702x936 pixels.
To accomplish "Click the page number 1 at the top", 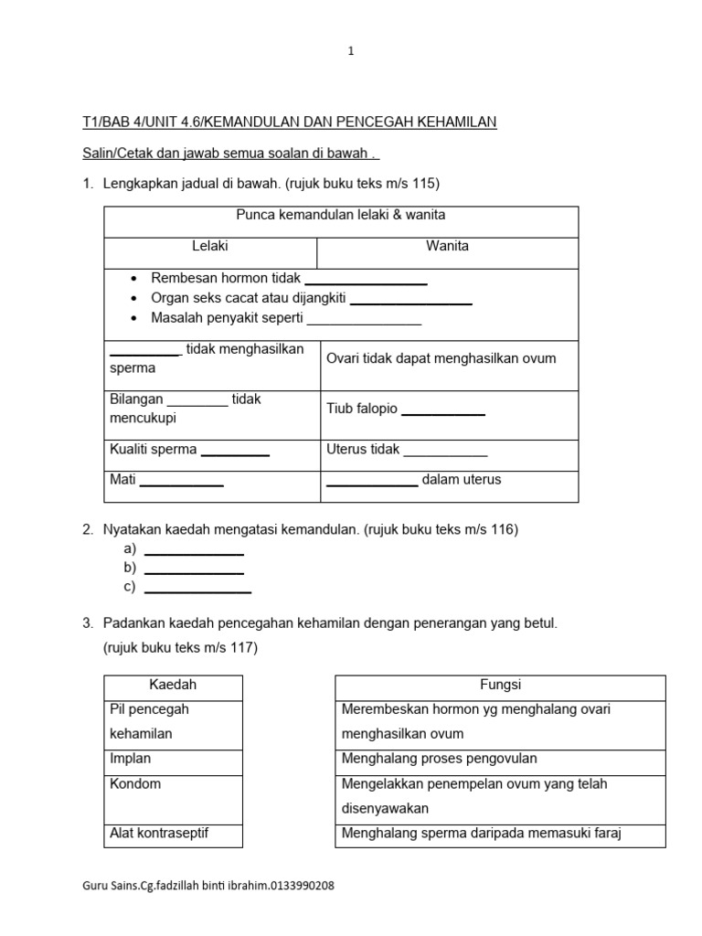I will coord(350,52).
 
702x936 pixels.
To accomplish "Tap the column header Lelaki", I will coord(210,246).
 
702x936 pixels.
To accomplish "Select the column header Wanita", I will coord(448,246).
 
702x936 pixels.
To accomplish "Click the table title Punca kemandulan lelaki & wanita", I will coord(341,216).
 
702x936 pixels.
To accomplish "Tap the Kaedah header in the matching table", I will coord(173,686).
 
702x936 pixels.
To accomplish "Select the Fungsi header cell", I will coord(500,686).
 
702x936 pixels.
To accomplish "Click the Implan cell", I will coord(174,759).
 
